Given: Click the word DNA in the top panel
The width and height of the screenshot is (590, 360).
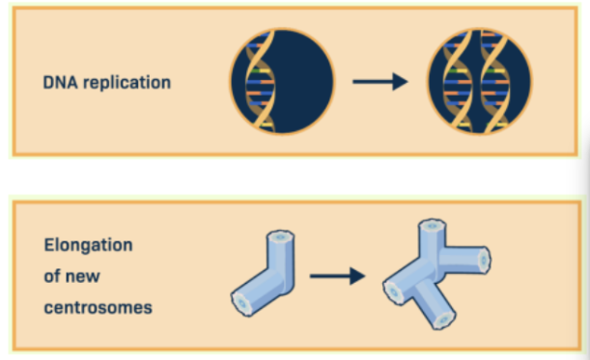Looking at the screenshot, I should (59, 82).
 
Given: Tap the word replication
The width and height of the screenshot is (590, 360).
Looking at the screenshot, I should (126, 83).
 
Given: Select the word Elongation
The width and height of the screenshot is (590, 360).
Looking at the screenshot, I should (88, 245).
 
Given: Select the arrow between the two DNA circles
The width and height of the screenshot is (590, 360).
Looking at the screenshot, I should (379, 81).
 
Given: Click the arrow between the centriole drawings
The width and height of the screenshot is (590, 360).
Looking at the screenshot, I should (337, 276).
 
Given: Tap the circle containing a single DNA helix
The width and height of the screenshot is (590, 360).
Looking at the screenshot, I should (281, 81).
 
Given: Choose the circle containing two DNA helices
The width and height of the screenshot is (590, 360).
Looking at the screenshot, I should (479, 81).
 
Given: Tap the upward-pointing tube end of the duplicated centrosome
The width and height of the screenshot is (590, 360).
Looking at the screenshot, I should (430, 229).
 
